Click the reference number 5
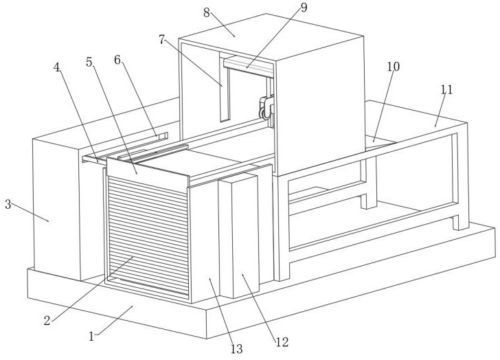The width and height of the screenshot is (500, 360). point(90,62)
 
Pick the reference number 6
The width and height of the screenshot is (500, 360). point(117,60)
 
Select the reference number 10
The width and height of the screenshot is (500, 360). point(393,66)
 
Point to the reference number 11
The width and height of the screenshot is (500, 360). point(447,89)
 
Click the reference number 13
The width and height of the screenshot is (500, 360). point(236,349)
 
